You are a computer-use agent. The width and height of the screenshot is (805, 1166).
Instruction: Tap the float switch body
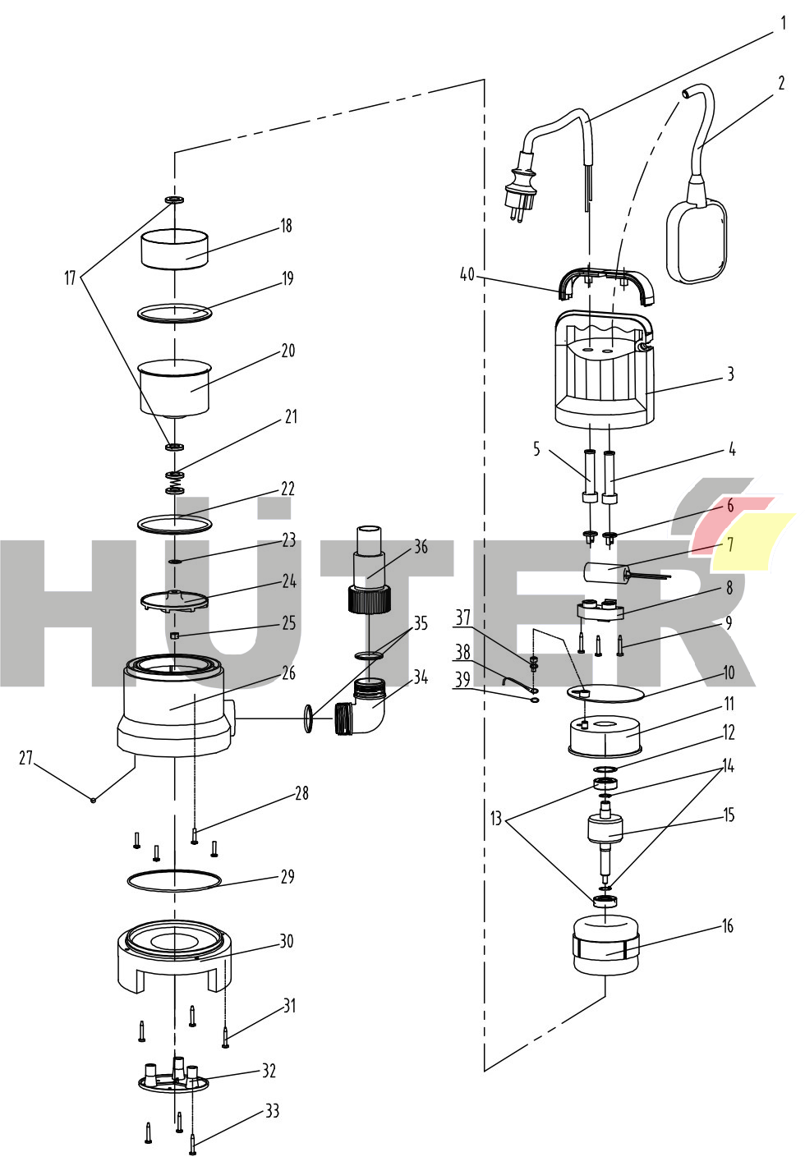click(697, 241)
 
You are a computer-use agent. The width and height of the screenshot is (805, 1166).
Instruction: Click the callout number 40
click(467, 274)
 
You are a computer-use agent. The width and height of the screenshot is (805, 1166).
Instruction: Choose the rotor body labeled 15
click(605, 829)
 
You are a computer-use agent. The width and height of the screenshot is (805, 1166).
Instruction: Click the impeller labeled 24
click(174, 601)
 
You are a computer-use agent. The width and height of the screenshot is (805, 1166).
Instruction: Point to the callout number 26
click(288, 673)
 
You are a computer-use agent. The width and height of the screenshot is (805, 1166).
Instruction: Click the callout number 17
click(71, 278)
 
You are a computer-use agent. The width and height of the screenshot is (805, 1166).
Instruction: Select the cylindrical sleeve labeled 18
click(174, 250)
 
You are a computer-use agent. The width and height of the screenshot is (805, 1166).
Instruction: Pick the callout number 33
click(272, 1111)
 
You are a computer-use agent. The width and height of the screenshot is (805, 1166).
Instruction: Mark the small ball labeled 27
click(93, 800)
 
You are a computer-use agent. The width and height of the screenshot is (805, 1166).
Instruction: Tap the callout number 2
click(781, 83)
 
